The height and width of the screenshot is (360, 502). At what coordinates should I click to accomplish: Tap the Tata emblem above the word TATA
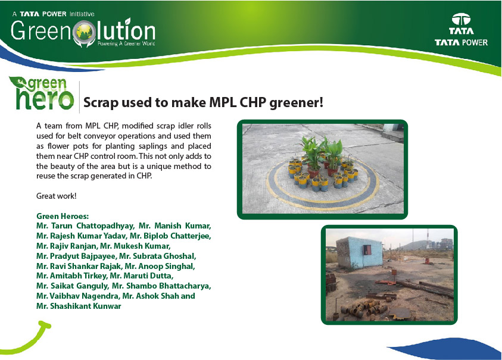pos(461,19)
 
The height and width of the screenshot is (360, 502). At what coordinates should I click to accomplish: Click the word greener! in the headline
pos(297,103)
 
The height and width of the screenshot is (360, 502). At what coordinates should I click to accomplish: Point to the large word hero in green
pos(45,99)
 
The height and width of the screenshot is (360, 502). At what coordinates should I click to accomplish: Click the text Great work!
pos(57,196)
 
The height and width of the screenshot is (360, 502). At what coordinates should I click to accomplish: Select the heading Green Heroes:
pos(63,216)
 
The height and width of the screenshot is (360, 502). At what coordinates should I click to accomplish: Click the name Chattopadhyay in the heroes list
pos(105,226)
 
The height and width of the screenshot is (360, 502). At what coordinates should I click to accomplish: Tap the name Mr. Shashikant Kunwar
pos(79,306)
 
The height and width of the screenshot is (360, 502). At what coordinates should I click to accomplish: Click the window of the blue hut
pos(367,251)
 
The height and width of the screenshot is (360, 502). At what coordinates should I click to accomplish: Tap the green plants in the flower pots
pos(320,151)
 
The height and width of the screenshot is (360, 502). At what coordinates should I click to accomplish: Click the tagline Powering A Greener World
pos(126,43)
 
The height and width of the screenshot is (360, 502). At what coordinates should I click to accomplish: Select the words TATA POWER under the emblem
pos(461,42)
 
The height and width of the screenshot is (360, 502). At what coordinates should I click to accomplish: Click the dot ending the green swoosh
pos(47,325)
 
